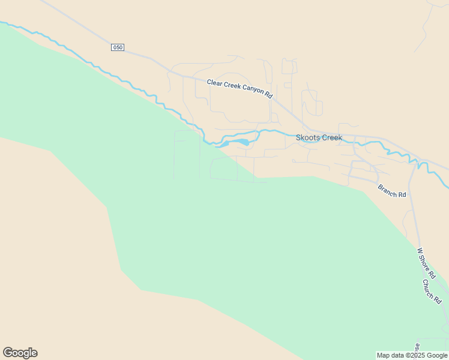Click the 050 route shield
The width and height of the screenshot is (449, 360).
click(118, 47)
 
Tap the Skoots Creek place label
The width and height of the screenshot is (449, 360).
click(319, 137)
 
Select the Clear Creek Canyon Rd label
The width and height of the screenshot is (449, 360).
click(240, 89)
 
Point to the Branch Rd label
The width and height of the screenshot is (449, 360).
click(392, 191)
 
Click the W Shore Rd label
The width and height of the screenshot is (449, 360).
click(426, 263)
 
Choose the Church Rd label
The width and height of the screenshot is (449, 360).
click(432, 291)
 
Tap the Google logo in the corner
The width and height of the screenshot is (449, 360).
click(20, 353)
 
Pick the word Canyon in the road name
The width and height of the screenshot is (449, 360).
click(253, 92)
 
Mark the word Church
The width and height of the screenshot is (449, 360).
click(429, 288)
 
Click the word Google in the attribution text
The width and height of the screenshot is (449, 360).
click(437, 355)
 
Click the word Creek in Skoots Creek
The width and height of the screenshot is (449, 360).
click(332, 137)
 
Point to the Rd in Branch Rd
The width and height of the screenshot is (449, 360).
click(402, 195)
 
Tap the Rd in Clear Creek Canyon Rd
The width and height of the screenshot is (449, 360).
click(268, 95)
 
